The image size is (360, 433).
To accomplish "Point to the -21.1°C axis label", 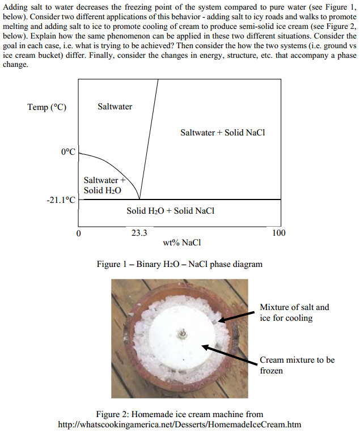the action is click(61, 199).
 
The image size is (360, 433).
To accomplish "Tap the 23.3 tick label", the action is click(139, 232).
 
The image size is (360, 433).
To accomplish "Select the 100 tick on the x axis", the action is click(278, 232).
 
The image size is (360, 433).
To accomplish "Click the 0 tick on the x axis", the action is click(79, 232).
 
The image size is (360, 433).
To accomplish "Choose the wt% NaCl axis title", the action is click(181, 243).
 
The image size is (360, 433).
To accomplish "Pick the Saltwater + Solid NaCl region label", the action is click(223, 133).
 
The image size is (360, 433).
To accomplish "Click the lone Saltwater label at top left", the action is click(115, 107).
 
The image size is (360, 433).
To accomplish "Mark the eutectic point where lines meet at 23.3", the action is click(139, 199).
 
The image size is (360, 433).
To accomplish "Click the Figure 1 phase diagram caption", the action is click(179, 264).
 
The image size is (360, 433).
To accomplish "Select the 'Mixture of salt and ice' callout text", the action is click(294, 312).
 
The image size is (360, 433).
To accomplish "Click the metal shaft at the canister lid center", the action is click(182, 334).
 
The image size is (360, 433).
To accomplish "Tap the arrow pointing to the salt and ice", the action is click(236, 316).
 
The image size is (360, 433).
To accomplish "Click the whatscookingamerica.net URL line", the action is click(180, 424).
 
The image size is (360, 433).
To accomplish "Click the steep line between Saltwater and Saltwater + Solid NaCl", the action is click(149, 136).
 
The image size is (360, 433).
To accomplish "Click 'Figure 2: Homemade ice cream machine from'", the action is click(180, 414).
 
